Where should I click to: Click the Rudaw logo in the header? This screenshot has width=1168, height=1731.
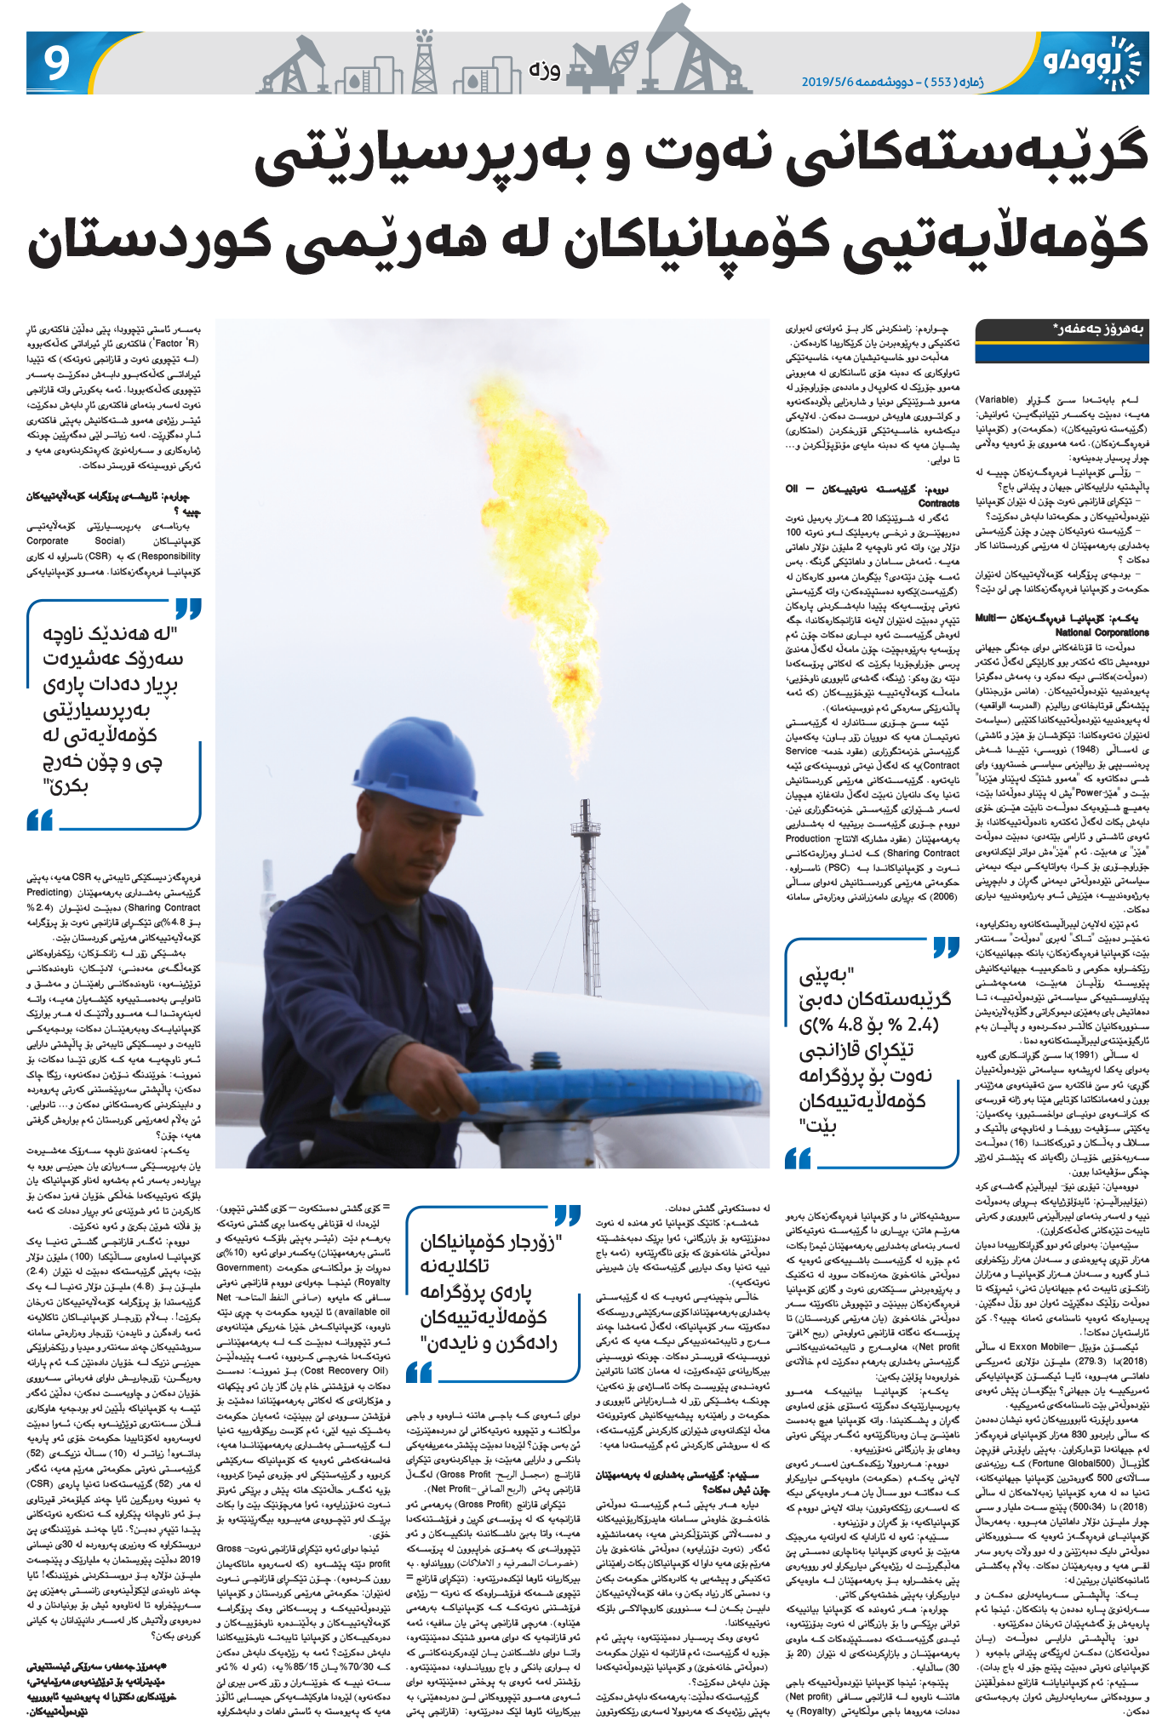click(x=1091, y=61)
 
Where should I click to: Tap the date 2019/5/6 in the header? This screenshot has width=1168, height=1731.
click(x=833, y=82)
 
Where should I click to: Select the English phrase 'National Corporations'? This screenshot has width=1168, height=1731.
click(x=1102, y=632)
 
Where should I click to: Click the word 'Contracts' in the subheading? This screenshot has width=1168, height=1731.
click(x=938, y=503)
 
